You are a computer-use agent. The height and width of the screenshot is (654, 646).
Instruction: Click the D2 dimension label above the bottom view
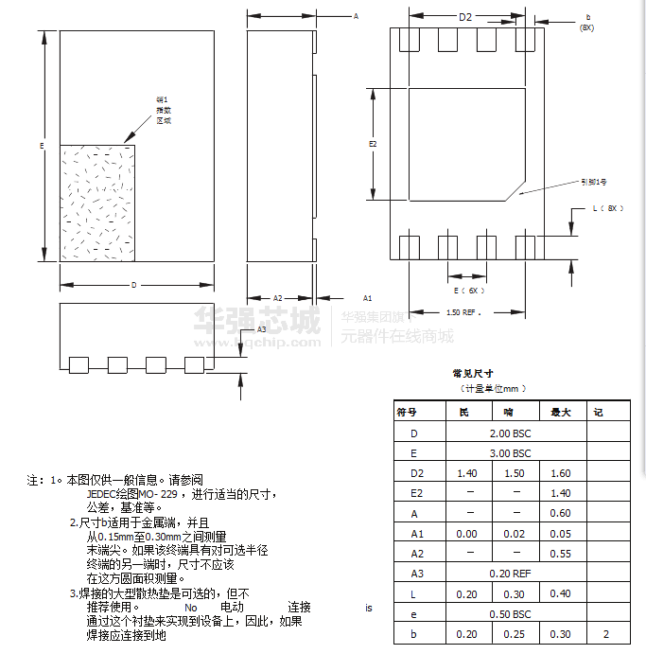[x=464, y=17]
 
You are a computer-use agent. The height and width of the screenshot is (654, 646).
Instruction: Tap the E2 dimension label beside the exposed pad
[x=373, y=144]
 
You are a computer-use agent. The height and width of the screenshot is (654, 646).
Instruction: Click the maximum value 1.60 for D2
[x=560, y=473]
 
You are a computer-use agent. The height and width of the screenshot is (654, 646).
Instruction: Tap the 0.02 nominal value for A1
[x=515, y=534]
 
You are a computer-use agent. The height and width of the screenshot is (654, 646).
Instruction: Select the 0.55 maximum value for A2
[x=560, y=554]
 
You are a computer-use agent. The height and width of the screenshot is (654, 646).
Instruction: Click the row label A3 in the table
[x=417, y=574]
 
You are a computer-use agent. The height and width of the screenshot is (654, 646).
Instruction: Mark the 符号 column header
[x=407, y=413]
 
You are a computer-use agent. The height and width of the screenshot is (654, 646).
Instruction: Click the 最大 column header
[x=560, y=413]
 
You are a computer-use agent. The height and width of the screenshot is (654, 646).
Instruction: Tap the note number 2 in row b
[x=605, y=634]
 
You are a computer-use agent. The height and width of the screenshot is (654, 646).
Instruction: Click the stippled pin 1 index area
[x=97, y=203]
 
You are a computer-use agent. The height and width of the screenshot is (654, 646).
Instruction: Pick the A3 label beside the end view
[x=262, y=329]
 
